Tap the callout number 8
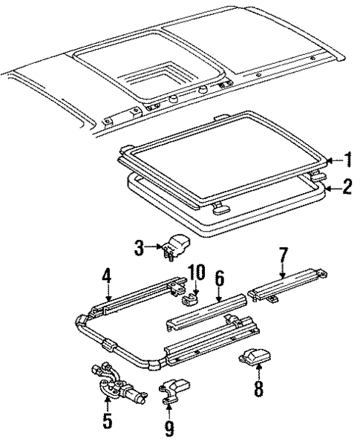point(258,388)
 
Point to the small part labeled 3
point(176,246)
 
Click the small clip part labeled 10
point(190,299)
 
